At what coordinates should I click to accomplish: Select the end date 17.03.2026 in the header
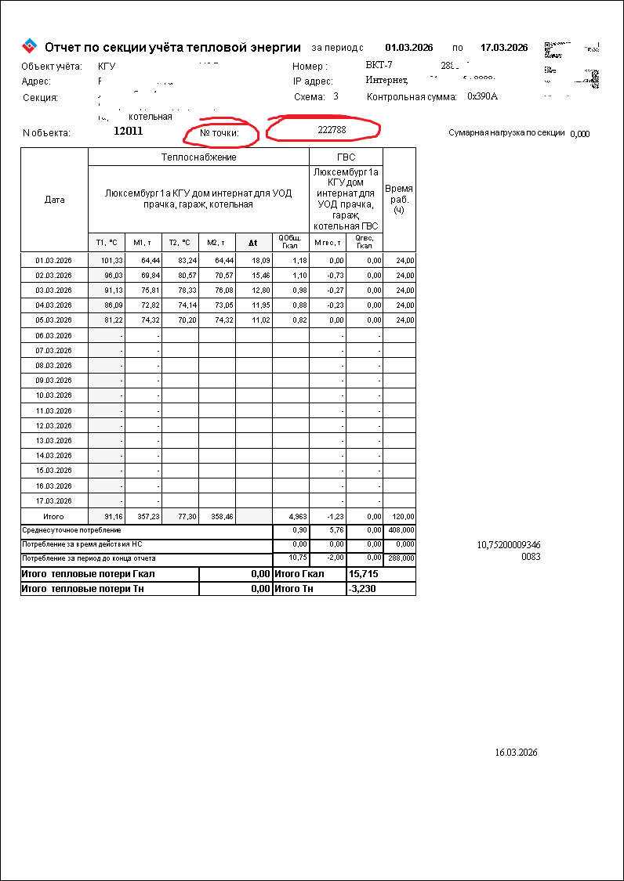click(x=504, y=47)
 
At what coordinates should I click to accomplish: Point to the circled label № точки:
click(x=219, y=133)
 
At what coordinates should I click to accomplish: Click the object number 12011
click(x=128, y=132)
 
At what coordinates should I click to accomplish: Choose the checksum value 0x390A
click(x=482, y=97)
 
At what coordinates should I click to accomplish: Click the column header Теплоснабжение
click(x=199, y=157)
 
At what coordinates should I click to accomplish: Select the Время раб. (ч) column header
click(x=399, y=199)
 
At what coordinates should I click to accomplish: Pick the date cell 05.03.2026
click(x=54, y=320)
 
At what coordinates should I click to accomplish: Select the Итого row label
click(x=53, y=517)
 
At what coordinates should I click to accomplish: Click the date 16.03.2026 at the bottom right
click(x=516, y=753)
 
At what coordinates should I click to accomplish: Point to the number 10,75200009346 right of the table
click(x=509, y=544)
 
